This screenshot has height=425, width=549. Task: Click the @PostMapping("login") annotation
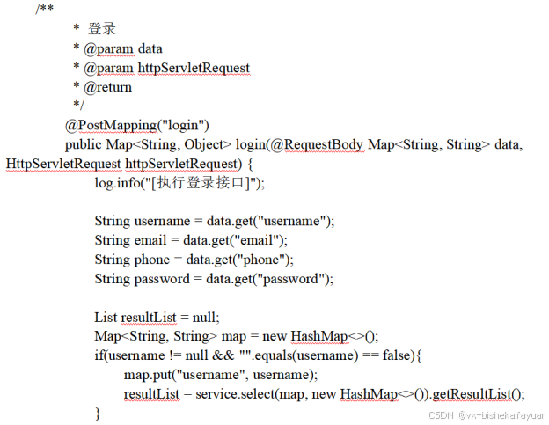[136, 124]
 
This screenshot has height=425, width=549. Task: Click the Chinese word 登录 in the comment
[102, 29]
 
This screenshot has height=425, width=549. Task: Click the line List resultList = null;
[157, 317]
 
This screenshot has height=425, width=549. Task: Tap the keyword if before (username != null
[99, 355]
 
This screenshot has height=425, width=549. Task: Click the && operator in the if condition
[222, 355]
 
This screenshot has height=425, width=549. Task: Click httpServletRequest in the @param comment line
[194, 68]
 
